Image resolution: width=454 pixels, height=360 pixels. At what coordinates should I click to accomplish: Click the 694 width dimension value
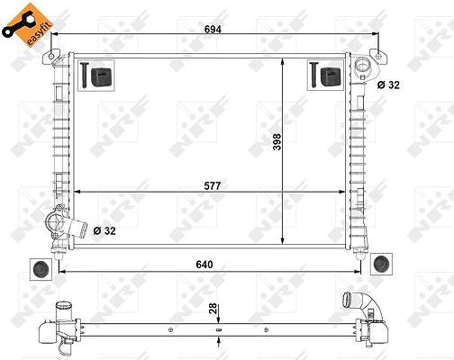[213, 30]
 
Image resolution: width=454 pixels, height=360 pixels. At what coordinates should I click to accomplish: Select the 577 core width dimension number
[213, 186]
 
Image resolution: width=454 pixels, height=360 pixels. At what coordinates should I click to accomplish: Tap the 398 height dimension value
[277, 141]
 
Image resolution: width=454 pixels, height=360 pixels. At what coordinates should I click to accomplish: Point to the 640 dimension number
[204, 265]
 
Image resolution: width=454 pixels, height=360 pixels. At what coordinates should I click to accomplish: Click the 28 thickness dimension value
[213, 309]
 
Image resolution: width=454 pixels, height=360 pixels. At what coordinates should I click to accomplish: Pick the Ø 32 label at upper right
[388, 85]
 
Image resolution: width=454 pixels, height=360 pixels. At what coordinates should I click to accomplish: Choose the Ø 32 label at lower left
[104, 230]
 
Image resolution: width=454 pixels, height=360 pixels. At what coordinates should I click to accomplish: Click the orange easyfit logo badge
[28, 25]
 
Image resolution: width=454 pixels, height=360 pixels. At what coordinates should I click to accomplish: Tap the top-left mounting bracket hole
[51, 56]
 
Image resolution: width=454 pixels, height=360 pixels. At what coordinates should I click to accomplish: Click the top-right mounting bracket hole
[378, 56]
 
